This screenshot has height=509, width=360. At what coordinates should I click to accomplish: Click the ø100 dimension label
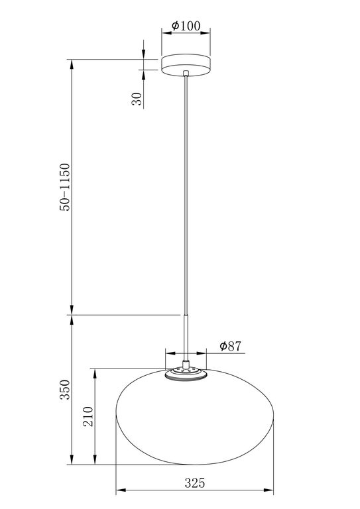tap(186, 26)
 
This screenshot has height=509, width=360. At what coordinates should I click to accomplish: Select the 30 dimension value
tap(137, 99)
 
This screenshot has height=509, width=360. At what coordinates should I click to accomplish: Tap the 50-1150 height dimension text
tap(64, 187)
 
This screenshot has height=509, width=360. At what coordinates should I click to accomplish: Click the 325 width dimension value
tap(194, 483)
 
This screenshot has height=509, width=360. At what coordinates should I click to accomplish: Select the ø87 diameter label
tap(229, 346)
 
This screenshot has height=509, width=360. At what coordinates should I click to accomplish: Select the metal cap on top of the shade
tap(186, 373)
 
